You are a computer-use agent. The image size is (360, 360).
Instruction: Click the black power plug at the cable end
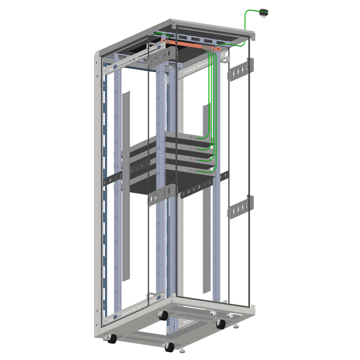pyautogui.click(x=265, y=12)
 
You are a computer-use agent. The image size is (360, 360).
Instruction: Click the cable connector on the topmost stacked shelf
pyautogui.click(x=191, y=137)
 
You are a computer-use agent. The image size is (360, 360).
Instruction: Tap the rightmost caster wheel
pyautogui.click(x=221, y=323)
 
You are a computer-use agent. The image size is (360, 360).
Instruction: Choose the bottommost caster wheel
pyautogui.click(x=169, y=347)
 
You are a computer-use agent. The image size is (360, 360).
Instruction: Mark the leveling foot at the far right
pyautogui.click(x=237, y=325)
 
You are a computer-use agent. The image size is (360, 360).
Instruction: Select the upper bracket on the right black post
pyautogui.click(x=241, y=70)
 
